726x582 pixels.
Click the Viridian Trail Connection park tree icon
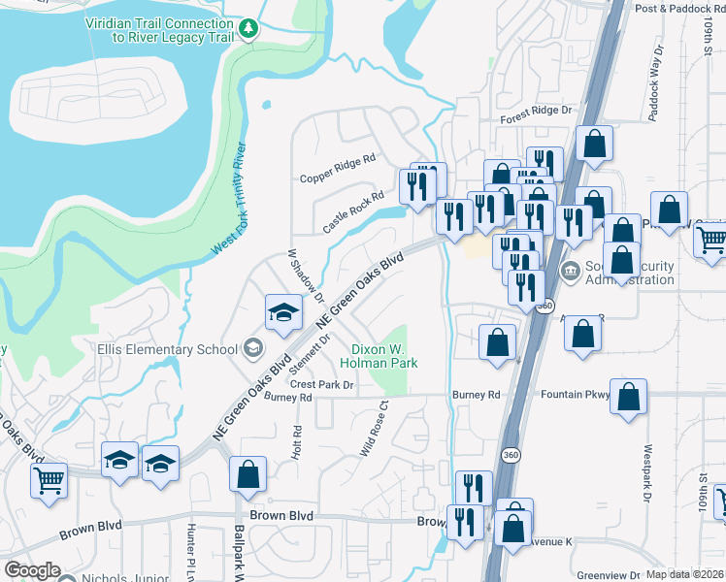[249, 29]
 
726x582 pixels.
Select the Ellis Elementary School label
[167, 349]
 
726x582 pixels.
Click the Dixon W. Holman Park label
[379, 356]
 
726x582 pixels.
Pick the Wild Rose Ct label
[374, 431]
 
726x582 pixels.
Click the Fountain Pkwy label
[576, 395]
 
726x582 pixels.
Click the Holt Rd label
[297, 442]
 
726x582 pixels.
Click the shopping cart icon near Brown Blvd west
[49, 479]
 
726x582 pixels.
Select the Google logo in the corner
[32, 570]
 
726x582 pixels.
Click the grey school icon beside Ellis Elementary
[252, 347]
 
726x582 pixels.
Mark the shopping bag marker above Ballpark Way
[248, 474]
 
